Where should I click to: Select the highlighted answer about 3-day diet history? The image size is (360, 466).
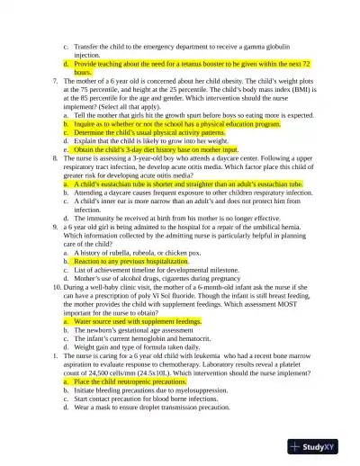pos(162,149)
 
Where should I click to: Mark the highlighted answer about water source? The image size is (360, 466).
pos(137,320)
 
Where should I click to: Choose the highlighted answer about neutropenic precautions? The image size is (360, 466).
pos(130,381)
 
